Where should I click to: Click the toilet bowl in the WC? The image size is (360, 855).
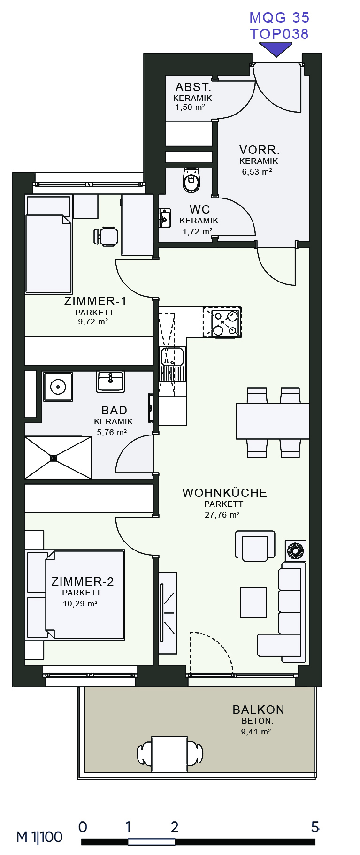pos(191,180)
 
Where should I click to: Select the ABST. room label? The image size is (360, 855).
pos(193,87)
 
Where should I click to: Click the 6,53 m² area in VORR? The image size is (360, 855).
pos(257,172)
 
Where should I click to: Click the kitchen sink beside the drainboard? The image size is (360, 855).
pos(172,357)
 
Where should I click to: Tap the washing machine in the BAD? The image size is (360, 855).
pos(58,387)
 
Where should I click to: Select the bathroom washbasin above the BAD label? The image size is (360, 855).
pos(110,382)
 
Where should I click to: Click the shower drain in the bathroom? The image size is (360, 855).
pos(53,458)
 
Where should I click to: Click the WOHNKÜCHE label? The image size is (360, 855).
pos(224,493)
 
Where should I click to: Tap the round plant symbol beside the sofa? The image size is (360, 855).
pos(296,551)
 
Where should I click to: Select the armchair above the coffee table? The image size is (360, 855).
pos(255,546)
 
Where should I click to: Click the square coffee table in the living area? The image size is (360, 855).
pos(253,602)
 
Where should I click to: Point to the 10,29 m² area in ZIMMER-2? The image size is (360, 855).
pos(80,603)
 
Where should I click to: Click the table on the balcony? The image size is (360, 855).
pos(169,755)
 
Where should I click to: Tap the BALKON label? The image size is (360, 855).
pos(258,710)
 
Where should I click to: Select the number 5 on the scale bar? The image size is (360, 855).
pos(315,827)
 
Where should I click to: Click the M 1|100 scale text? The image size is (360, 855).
pos(39,837)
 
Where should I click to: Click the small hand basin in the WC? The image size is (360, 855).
pos(164,218)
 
